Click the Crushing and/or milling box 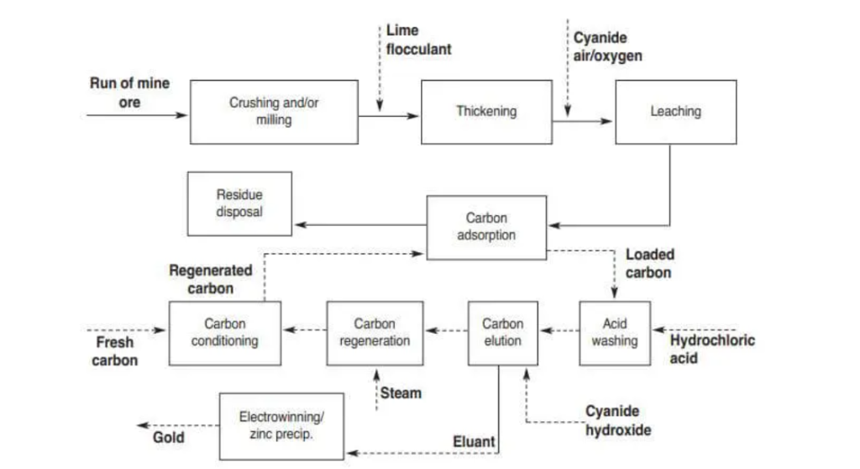coord(274,113)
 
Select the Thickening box coord(486,112)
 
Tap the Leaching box coord(675,112)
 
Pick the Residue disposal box coord(239,203)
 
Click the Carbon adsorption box coord(486,227)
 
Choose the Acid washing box coord(614,333)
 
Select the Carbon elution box coord(502,333)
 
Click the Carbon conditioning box coord(224,333)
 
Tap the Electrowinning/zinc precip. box coord(281,426)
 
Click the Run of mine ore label coord(128,92)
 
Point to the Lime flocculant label coord(418,40)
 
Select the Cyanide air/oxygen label coord(607,46)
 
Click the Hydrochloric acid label coord(711,349)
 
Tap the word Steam coord(401,393)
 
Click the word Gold coord(168,437)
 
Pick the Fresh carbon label coord(114,351)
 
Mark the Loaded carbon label coord(649,263)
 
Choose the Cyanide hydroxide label coord(618,420)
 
